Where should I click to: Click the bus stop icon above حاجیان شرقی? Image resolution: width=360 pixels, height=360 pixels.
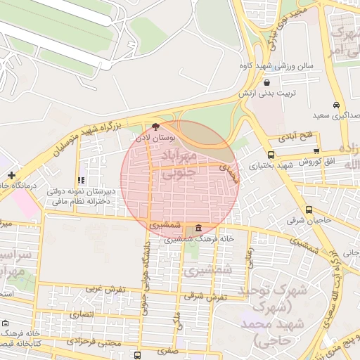(309, 210)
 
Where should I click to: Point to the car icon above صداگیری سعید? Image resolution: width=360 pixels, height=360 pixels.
(337, 105)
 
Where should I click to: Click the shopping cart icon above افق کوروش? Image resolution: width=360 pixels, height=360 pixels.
(316, 150)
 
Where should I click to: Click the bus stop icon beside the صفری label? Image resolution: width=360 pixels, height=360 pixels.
(138, 355)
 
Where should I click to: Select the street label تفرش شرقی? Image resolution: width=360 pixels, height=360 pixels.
(203, 296)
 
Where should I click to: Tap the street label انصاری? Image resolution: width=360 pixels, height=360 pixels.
(83, 314)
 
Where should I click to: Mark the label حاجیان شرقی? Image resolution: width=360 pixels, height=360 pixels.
(304, 221)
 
